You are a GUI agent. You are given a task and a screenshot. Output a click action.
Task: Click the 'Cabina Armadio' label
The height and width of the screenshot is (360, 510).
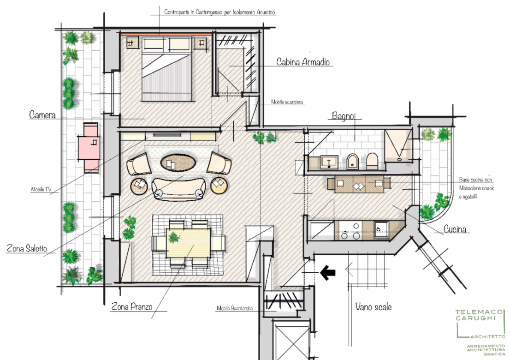coord(303,61)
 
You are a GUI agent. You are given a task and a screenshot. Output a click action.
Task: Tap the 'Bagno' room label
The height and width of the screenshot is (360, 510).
coord(343,115)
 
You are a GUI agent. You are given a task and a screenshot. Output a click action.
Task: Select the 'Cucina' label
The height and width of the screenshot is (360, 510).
coord(455,229)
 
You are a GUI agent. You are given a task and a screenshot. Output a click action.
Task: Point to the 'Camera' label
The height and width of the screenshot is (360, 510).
coord(42,114)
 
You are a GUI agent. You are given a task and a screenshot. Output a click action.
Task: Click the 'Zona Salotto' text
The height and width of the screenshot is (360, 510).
coord(27,248)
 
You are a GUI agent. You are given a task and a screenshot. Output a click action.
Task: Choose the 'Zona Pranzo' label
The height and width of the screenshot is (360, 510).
coord(132,306)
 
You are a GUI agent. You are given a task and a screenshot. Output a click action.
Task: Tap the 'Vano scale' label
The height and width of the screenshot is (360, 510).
coord(373,306)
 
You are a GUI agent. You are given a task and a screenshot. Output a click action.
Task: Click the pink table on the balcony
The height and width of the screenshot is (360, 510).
coord(89,147)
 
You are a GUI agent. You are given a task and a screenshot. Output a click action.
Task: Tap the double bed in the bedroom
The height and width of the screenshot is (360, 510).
coord(166,69)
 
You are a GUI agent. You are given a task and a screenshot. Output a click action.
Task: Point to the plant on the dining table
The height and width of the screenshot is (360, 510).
coord(175,236)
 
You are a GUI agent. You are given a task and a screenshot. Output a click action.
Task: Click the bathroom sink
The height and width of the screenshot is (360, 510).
coord(329,162)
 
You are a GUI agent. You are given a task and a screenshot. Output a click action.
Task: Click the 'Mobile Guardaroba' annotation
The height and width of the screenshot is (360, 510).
coord(235,308)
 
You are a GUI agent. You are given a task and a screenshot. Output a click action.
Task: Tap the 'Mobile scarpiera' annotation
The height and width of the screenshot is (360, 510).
coord(287,102)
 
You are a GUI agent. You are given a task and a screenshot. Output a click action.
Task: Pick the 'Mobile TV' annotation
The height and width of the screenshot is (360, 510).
coord(42,189)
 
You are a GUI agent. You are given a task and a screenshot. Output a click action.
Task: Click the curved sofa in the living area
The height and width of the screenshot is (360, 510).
coord(178,189)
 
